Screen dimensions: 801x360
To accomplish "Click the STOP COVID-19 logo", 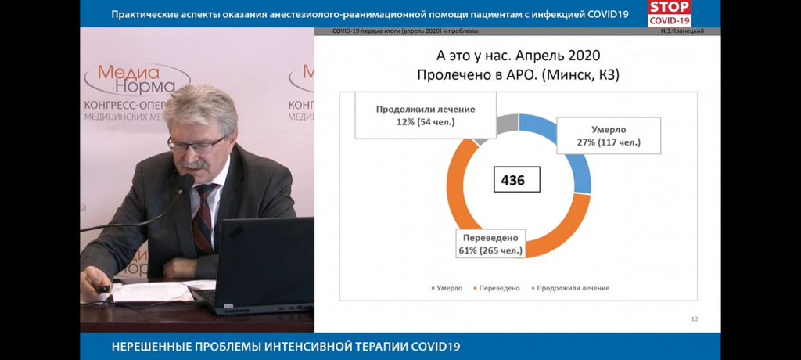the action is (670, 13).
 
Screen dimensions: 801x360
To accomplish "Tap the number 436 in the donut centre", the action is (516, 179).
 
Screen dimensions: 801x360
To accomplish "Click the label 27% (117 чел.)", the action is (609, 142).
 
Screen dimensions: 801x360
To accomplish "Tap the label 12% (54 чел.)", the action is (426, 122).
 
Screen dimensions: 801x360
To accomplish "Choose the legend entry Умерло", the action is (447, 288).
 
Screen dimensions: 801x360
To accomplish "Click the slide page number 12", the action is (695, 319).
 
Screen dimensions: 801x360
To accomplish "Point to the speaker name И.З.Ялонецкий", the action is (682, 31).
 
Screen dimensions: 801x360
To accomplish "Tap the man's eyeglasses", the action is (196, 145).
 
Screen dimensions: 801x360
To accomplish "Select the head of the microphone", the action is (185, 183).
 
